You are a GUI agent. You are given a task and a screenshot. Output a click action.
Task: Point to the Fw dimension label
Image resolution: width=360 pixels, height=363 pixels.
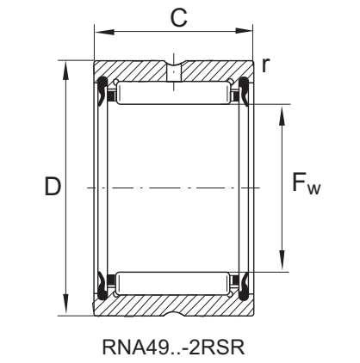307,184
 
